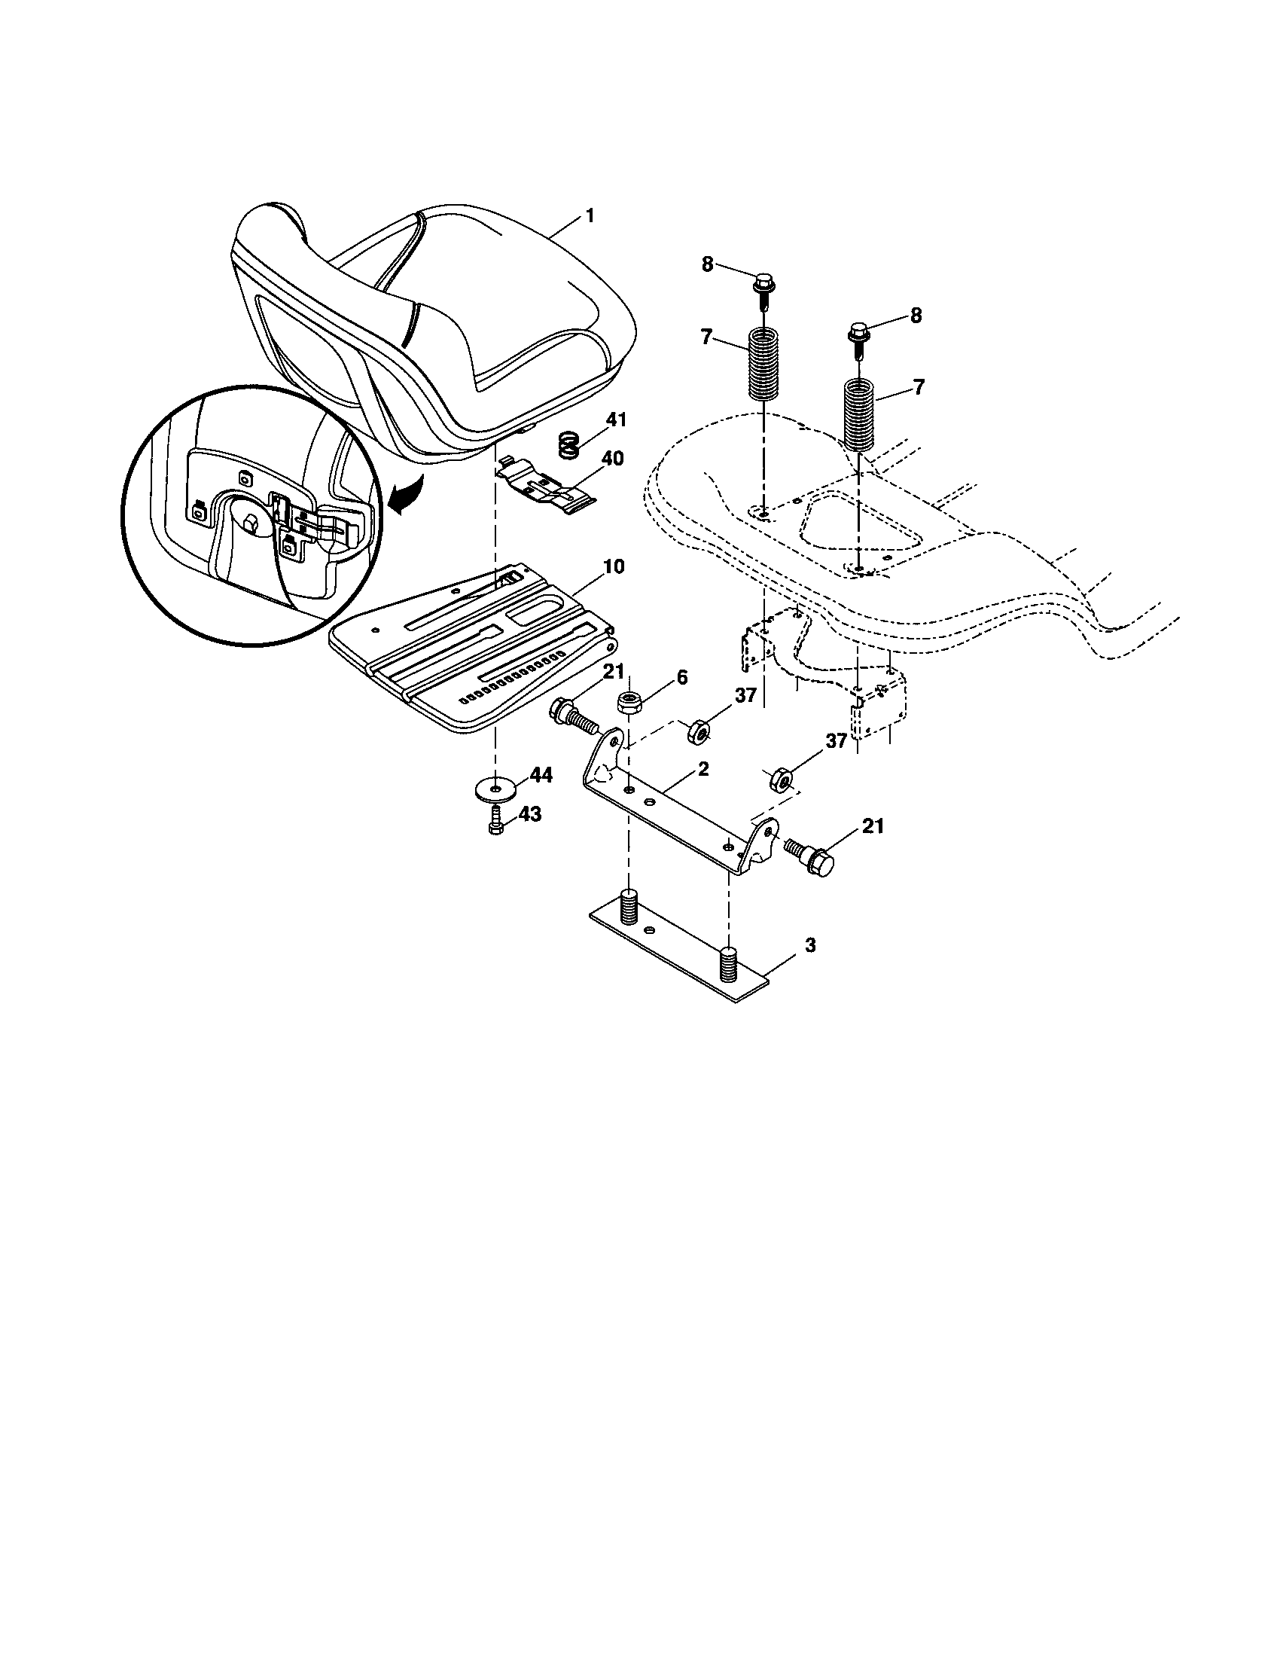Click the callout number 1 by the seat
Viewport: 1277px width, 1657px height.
click(590, 215)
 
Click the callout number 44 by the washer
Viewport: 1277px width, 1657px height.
click(541, 774)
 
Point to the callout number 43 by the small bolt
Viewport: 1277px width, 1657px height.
click(530, 814)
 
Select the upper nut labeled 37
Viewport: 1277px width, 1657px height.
click(698, 731)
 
